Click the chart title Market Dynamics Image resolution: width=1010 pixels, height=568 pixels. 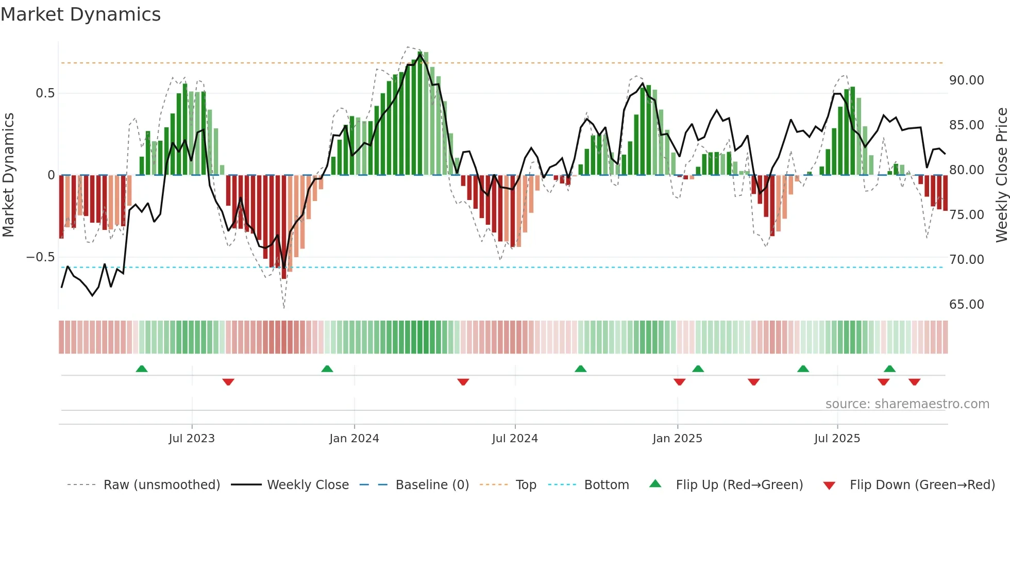click(x=81, y=14)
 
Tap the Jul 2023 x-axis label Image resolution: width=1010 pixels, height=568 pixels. click(x=192, y=439)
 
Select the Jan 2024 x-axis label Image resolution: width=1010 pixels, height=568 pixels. click(x=354, y=439)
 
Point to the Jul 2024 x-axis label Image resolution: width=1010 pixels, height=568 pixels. click(x=515, y=439)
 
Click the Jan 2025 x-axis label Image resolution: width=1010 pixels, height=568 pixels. click(x=677, y=439)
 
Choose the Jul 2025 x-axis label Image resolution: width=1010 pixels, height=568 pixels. click(x=837, y=439)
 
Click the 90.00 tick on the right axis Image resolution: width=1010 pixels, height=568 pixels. click(x=966, y=80)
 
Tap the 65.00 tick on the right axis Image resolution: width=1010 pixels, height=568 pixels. click(x=966, y=305)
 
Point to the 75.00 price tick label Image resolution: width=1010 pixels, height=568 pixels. click(x=966, y=215)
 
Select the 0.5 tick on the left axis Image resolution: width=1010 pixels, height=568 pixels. click(x=45, y=93)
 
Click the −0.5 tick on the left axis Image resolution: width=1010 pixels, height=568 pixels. click(x=40, y=257)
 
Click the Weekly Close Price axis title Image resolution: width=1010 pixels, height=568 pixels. click(x=1001, y=175)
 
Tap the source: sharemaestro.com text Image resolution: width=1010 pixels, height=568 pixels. click(x=907, y=404)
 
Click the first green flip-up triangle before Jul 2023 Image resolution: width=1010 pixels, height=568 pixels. click(x=142, y=369)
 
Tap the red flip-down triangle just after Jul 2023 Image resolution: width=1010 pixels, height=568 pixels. click(x=228, y=382)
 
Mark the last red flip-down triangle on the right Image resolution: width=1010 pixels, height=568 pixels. click(x=915, y=382)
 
